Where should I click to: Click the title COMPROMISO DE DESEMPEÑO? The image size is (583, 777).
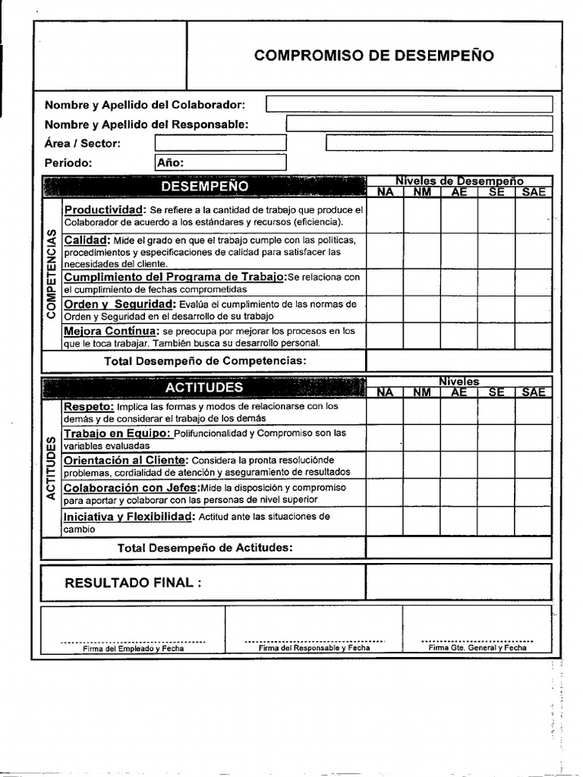click(x=373, y=55)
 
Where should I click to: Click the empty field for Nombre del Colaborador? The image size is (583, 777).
click(x=408, y=104)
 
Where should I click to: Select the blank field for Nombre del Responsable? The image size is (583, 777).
click(x=419, y=124)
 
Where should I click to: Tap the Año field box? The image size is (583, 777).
click(x=220, y=162)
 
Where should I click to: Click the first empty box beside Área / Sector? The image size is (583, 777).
click(x=220, y=143)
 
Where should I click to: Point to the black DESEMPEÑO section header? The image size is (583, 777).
click(x=204, y=186)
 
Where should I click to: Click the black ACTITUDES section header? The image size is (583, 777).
click(x=204, y=388)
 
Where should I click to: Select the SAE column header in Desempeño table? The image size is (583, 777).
click(x=534, y=193)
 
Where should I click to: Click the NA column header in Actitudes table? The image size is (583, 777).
click(x=385, y=392)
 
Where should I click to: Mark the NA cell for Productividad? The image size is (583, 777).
click(x=385, y=215)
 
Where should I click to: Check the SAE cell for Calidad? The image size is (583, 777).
click(x=534, y=250)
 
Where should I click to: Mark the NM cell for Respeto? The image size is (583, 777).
click(x=421, y=411)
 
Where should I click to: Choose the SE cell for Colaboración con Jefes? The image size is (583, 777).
click(x=496, y=493)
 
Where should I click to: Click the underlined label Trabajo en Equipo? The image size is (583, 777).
click(x=117, y=433)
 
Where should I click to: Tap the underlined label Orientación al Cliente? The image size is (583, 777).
click(x=124, y=461)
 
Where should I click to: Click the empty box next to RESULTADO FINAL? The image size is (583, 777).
click(x=459, y=582)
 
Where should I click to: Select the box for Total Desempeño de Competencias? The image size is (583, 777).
click(x=459, y=360)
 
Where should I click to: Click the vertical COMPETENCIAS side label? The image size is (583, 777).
click(x=52, y=273)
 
